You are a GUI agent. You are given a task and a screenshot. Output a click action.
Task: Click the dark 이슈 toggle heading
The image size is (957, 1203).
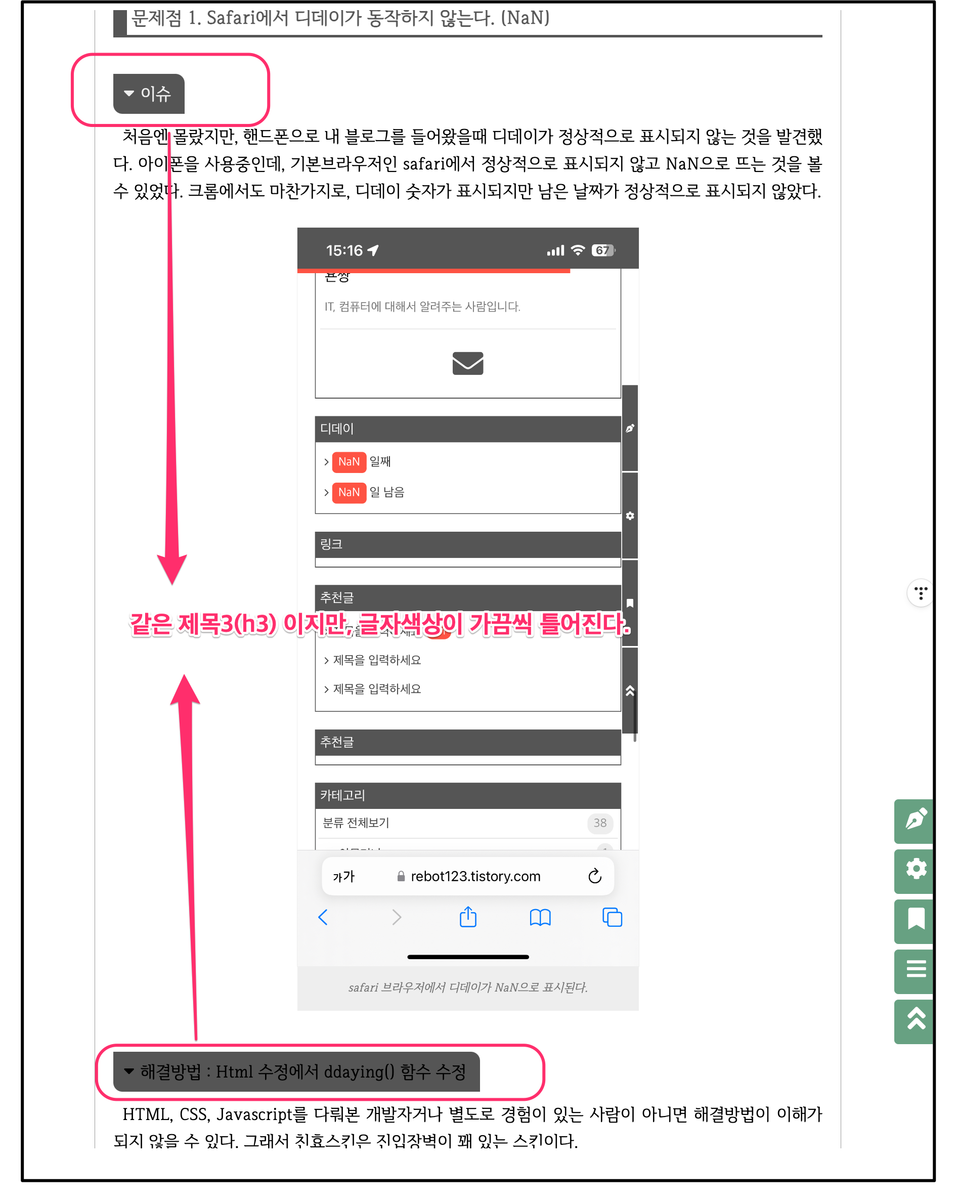pyautogui.click(x=148, y=94)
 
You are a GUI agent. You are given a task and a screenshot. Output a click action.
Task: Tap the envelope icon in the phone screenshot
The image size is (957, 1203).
pyautogui.click(x=467, y=363)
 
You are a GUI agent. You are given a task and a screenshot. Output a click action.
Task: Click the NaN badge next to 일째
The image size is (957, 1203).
pyautogui.click(x=349, y=461)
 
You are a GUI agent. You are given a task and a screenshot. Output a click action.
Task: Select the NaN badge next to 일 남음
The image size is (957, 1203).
pyautogui.click(x=349, y=492)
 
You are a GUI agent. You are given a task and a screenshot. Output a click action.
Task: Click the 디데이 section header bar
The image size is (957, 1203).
pyautogui.click(x=467, y=428)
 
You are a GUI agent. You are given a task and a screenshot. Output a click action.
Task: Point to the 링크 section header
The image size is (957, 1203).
pyautogui.click(x=467, y=544)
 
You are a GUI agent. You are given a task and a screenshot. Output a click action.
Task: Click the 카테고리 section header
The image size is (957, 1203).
pyautogui.click(x=467, y=795)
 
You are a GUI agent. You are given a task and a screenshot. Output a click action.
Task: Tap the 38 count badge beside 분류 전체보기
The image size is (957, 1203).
pyautogui.click(x=599, y=823)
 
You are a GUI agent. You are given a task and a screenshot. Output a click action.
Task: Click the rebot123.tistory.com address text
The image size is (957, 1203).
pyautogui.click(x=475, y=876)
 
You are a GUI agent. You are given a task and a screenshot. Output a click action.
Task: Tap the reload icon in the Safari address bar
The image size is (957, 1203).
pyautogui.click(x=594, y=876)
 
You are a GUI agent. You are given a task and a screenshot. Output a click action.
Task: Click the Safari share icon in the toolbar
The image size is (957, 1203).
pyautogui.click(x=467, y=917)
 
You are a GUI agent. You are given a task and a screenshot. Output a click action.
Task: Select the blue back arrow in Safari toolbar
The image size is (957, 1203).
pyautogui.click(x=323, y=917)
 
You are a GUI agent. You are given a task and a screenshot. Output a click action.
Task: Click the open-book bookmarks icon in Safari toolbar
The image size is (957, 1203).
pyautogui.click(x=540, y=917)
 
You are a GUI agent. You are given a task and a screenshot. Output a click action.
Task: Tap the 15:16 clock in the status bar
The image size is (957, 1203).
pyautogui.click(x=344, y=250)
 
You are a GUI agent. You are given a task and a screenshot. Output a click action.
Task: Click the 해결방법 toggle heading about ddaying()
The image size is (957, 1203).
pyautogui.click(x=296, y=1071)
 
